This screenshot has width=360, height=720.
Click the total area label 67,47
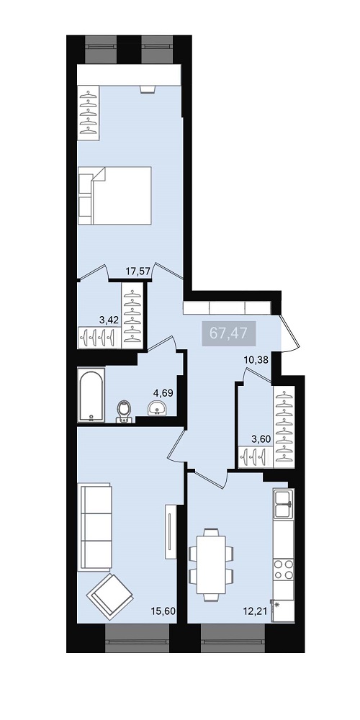pyautogui.click(x=229, y=333)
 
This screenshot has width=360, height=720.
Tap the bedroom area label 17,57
pyautogui.click(x=138, y=271)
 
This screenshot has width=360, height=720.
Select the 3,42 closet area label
pyautogui.click(x=109, y=320)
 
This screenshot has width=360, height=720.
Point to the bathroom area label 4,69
pyautogui.click(x=163, y=392)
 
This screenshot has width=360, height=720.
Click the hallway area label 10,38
pyautogui.click(x=256, y=359)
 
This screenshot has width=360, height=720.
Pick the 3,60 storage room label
pyautogui.click(x=261, y=439)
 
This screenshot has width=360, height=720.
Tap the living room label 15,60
pyautogui.click(x=163, y=611)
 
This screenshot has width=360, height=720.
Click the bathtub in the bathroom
pyautogui.click(x=91, y=395)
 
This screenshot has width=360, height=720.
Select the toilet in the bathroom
pyautogui.click(x=124, y=411)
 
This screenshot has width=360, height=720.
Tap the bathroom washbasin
pyautogui.click(x=158, y=408)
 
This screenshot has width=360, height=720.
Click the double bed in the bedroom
pyautogui.click(x=114, y=196)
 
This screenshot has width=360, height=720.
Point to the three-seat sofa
pyautogui.click(x=95, y=527)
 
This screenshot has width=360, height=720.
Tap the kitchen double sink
pyautogui.click(x=284, y=504)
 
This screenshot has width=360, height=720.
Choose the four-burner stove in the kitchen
pyautogui.click(x=284, y=570)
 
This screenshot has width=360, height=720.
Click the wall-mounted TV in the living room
pyautogui.click(x=170, y=531)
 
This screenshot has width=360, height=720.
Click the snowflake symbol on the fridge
pyautogui.click(x=277, y=605)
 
